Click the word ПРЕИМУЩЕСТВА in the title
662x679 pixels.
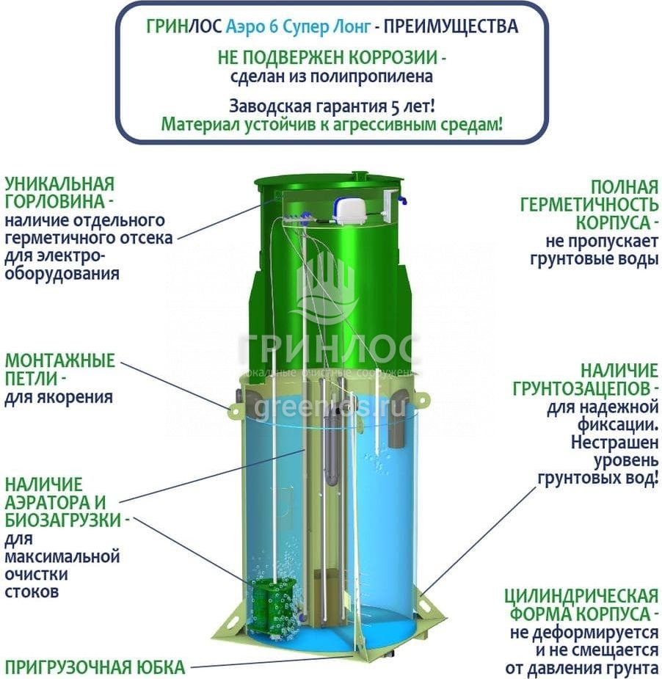point(451,26)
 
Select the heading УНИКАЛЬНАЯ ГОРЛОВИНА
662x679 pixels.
point(59,193)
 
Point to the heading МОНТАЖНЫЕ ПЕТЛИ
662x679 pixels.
point(59,369)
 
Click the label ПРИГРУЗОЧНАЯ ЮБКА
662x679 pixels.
point(95,667)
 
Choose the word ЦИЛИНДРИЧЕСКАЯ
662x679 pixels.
point(581,596)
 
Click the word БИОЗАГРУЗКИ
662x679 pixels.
point(63,520)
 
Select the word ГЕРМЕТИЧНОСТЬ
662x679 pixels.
point(589,204)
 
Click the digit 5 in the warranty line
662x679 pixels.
point(396,106)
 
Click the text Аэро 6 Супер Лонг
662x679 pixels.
point(298,27)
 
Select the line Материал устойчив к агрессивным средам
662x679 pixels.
point(332,125)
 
